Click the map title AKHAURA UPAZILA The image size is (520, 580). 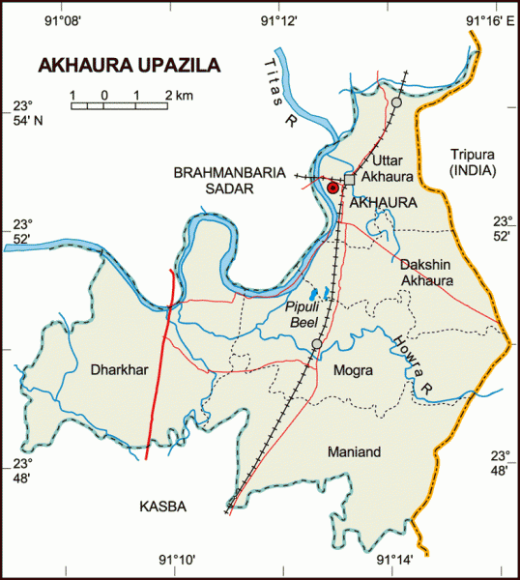(x=129, y=66)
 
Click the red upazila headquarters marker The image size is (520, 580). (x=332, y=188)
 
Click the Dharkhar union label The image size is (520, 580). (x=115, y=369)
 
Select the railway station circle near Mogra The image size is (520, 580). (x=316, y=344)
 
